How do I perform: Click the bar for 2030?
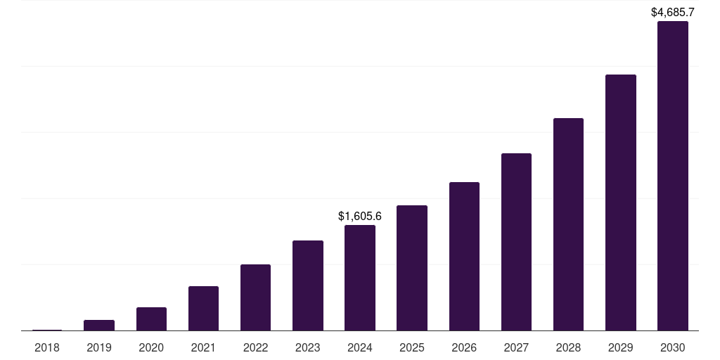coord(672,176)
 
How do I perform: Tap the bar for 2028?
coord(568,224)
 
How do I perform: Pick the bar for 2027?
coord(516,242)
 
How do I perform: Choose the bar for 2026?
coord(464,257)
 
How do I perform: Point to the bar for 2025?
coord(412,268)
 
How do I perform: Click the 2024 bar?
coord(360,278)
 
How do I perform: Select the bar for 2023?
coord(308,285)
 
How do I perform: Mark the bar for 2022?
coord(255,297)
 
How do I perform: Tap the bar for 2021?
coord(203,308)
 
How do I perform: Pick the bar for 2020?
coord(151,319)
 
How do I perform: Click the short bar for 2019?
coord(99,325)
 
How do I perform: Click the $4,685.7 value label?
coord(673,12)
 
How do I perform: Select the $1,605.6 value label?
coord(360,216)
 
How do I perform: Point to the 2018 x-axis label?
coord(47,347)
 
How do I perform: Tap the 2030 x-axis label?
coord(672,347)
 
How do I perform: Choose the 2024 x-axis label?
coord(360,347)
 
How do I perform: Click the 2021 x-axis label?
coord(203,347)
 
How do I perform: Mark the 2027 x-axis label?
coord(516,347)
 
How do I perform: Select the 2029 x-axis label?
coord(620,347)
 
